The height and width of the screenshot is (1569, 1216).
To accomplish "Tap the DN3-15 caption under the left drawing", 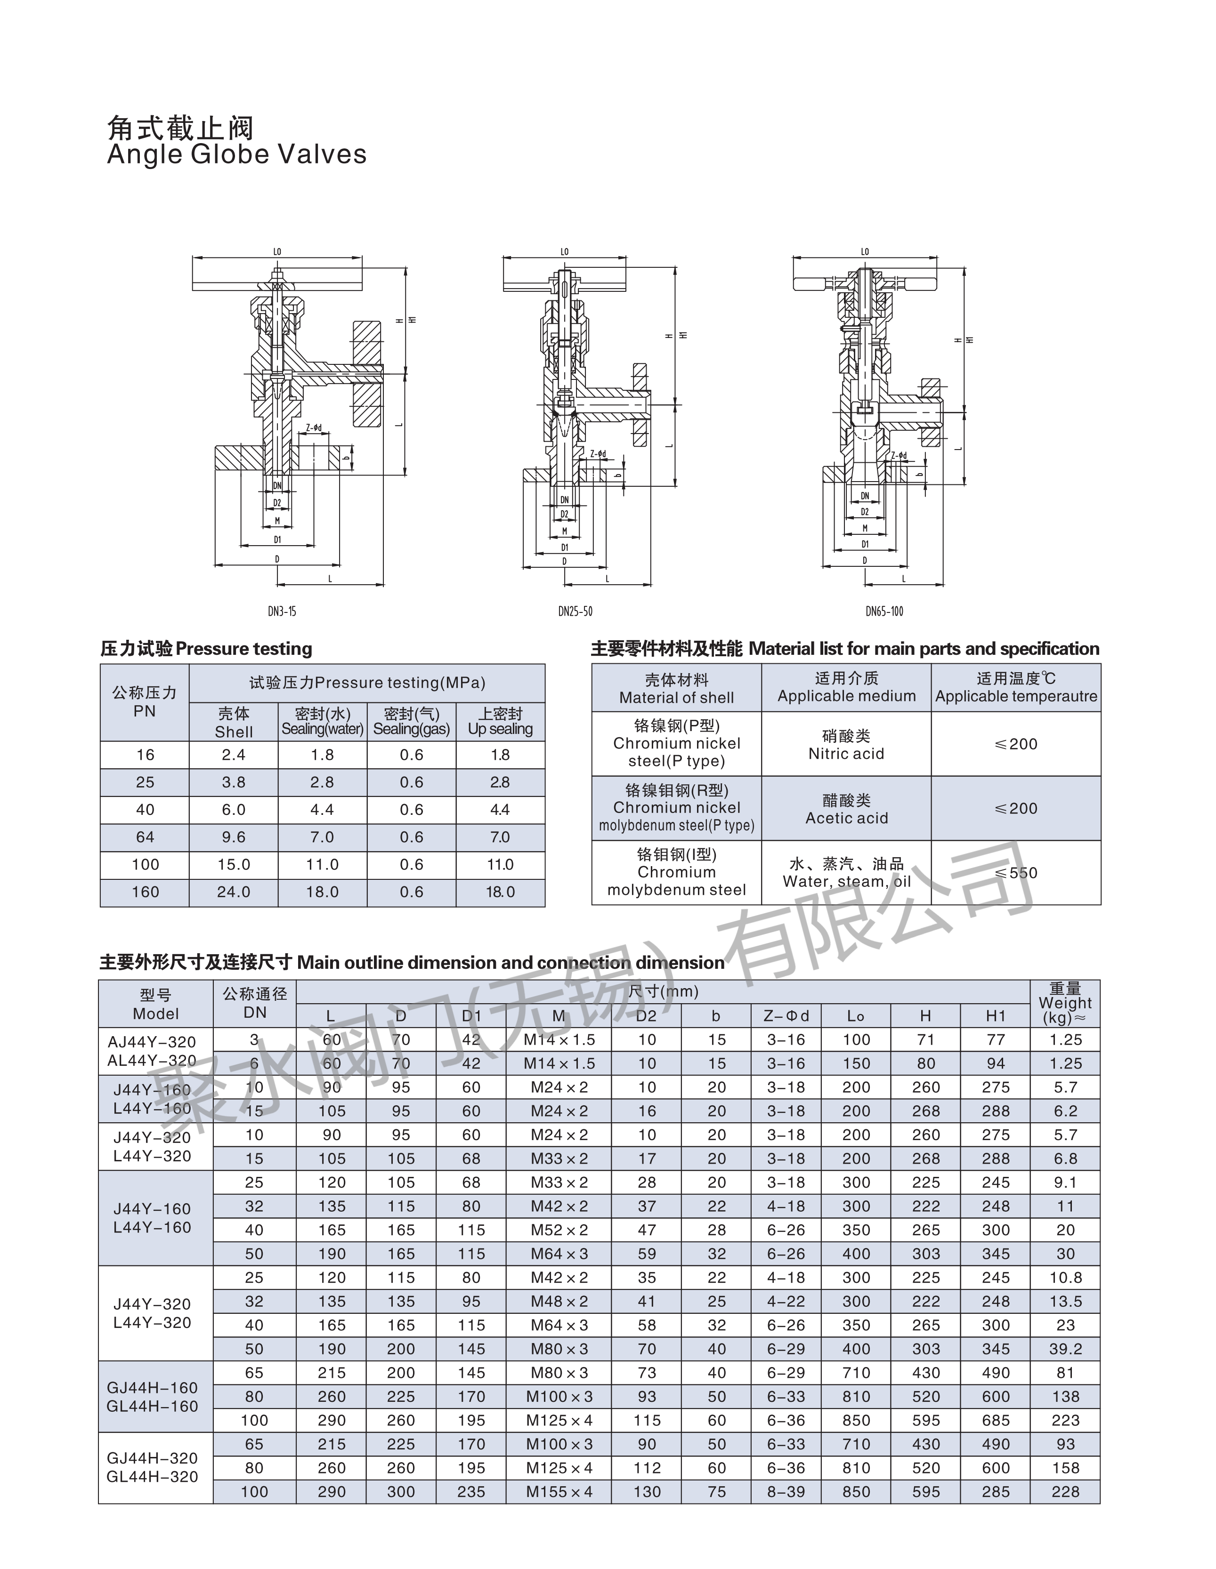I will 282,612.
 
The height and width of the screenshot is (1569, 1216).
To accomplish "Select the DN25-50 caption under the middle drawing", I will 575,612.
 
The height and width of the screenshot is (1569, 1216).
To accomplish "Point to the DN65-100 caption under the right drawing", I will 884,612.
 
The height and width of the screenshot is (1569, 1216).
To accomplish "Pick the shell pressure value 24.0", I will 234,892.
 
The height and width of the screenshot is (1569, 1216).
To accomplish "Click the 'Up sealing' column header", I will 500,722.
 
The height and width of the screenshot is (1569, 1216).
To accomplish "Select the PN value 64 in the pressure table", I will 145,837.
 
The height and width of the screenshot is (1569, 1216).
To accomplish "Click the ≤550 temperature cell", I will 1015,873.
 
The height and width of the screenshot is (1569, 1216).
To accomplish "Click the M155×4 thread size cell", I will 559,1491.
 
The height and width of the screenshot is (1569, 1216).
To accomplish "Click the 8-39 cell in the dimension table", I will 786,1491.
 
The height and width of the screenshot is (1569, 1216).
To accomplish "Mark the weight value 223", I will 1065,1420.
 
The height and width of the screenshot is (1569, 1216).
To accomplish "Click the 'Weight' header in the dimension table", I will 1065,1003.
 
